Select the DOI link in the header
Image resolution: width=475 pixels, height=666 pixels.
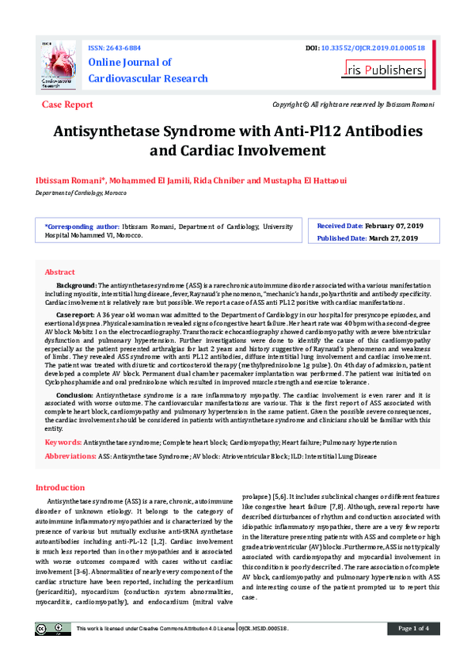373,48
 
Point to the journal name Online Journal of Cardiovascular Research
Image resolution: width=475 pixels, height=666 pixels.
148,70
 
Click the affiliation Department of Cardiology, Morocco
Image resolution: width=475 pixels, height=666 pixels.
82,193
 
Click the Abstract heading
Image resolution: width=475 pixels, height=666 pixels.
60,272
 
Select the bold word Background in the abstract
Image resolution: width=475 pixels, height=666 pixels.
76,284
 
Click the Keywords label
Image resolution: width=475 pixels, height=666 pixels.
63,442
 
